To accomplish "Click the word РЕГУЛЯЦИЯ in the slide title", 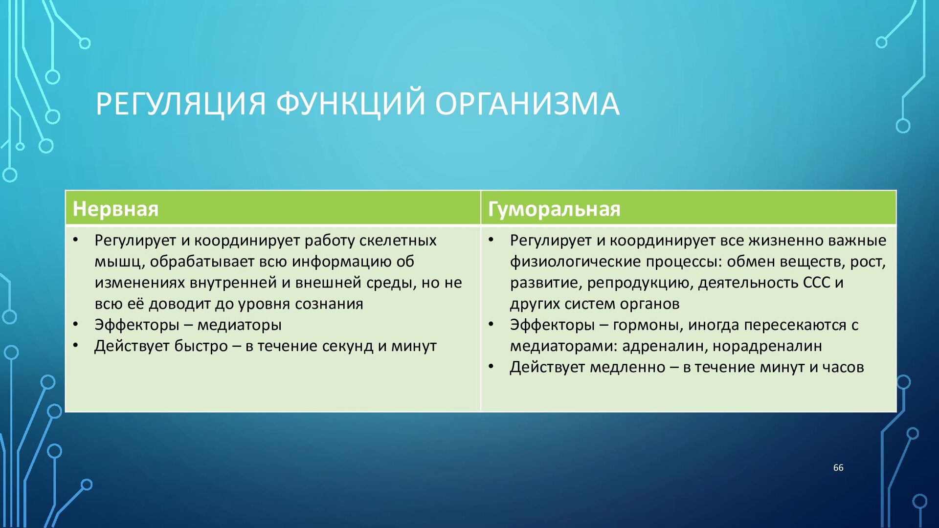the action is click(x=181, y=104).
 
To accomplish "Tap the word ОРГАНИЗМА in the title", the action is click(x=528, y=104).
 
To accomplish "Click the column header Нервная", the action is click(x=115, y=209).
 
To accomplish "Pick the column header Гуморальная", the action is click(x=554, y=209).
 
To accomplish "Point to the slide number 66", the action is click(x=838, y=468).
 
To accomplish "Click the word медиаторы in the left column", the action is click(x=239, y=325).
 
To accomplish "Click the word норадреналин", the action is click(x=767, y=346).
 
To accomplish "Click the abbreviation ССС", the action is click(x=817, y=283).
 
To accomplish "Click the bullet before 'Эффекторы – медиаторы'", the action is click(x=76, y=324).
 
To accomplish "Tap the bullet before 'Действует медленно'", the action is click(x=491, y=366).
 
